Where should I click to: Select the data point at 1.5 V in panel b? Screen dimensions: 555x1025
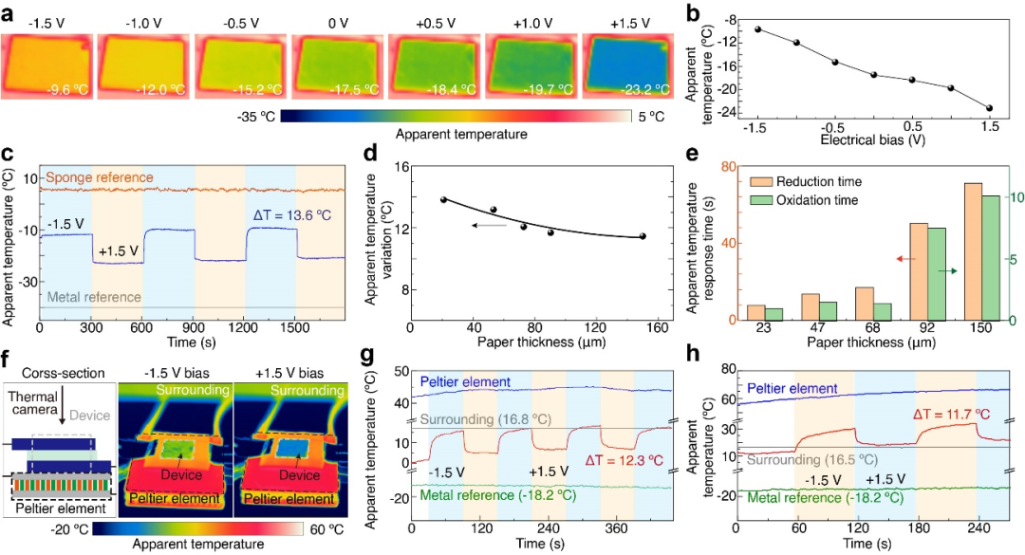[990, 108]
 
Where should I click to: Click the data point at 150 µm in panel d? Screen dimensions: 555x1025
[643, 236]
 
